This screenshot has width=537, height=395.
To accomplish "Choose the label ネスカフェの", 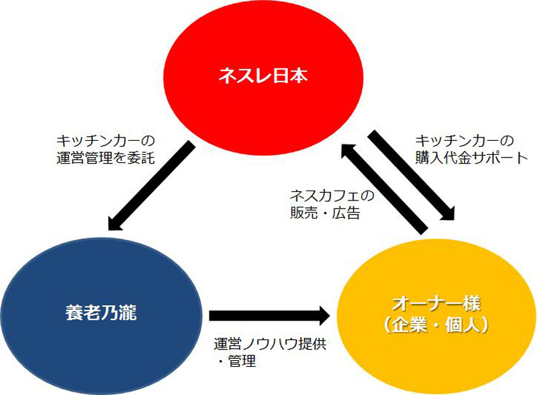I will (x=332, y=196).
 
